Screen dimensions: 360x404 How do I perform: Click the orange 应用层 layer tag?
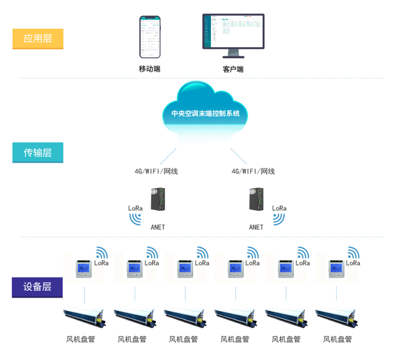point(38,39)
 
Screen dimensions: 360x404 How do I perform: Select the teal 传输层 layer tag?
point(38,152)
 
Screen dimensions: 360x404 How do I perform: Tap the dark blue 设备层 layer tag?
point(37,287)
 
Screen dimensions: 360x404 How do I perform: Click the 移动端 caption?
point(150,69)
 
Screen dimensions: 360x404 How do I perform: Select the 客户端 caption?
point(233,69)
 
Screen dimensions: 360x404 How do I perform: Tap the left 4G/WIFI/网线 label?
point(156,171)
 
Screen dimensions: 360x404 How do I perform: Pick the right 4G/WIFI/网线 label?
point(253,171)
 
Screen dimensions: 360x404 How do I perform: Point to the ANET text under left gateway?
point(158,227)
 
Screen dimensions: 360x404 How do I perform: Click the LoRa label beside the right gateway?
point(279,208)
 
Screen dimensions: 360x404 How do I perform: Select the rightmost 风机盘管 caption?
point(337,339)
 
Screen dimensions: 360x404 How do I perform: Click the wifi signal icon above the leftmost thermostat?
point(101,252)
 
